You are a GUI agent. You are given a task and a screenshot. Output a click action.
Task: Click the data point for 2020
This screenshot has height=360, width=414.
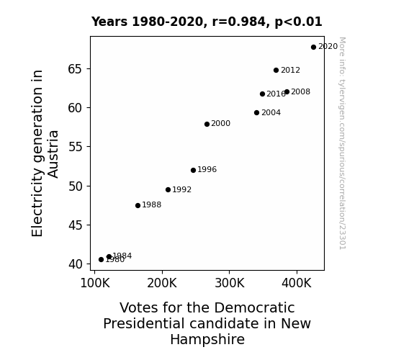click(x=313, y=48)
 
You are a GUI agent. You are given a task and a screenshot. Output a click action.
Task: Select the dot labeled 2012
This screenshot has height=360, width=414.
click(x=276, y=71)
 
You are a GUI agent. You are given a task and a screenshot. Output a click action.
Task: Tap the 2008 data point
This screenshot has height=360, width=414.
click(x=287, y=92)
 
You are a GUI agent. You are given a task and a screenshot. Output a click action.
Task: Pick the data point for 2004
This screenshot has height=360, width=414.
click(x=256, y=113)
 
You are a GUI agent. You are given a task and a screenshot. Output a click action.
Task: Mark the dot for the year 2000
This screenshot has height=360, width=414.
click(x=207, y=124)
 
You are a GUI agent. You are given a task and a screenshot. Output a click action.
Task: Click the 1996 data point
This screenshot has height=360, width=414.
click(x=193, y=171)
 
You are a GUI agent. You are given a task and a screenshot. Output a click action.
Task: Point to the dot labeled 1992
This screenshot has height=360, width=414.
click(x=168, y=189)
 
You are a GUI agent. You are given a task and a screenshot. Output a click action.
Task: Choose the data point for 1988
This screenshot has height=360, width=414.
click(x=138, y=205)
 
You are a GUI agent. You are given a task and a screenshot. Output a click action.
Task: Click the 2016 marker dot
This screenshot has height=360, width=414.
click(x=263, y=94)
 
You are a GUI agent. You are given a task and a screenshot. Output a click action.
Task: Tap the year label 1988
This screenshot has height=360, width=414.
click(x=151, y=205)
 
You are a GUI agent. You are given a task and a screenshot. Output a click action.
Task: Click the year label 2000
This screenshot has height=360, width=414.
click(x=221, y=123)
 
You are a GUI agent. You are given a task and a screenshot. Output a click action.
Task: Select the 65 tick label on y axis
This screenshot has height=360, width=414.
click(x=76, y=69)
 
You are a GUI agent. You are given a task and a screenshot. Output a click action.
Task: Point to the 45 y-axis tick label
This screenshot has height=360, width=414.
click(x=76, y=225)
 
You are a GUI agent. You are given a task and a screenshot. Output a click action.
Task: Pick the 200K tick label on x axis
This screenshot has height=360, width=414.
click(x=162, y=283)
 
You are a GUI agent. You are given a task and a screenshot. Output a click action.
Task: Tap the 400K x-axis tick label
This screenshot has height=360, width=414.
click(x=297, y=283)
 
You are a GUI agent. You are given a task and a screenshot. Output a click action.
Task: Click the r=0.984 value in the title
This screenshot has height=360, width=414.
click(x=239, y=22)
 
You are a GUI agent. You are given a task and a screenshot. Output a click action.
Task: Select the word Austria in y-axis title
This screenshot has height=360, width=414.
click(x=53, y=154)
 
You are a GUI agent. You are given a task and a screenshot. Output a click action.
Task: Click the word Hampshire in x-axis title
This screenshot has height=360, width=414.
click(x=207, y=340)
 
